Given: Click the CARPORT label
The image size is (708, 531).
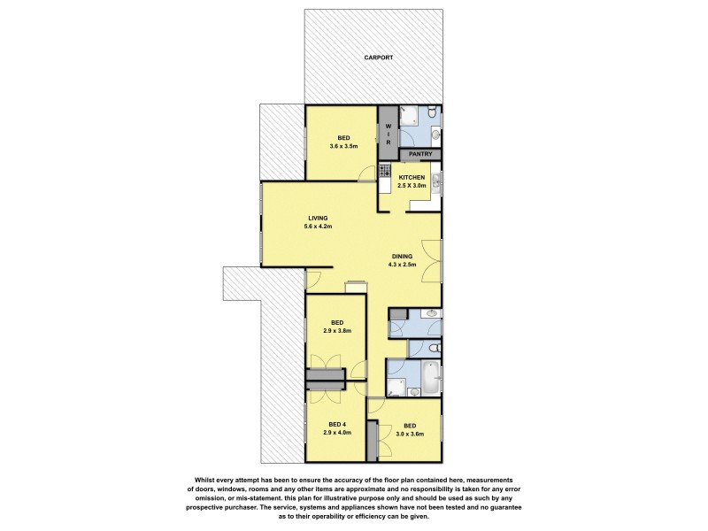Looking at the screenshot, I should (x=378, y=58).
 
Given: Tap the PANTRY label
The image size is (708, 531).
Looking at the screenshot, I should (x=420, y=154).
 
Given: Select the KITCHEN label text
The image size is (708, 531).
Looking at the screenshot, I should (x=412, y=177).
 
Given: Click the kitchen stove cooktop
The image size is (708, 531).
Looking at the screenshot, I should (x=385, y=170).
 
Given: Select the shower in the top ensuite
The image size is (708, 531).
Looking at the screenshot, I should (x=410, y=116).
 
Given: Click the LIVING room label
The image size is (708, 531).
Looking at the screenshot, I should (x=319, y=218).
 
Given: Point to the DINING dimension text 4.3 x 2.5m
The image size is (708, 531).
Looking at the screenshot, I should (x=402, y=264).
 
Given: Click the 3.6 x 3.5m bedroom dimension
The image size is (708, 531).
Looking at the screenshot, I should (x=342, y=146).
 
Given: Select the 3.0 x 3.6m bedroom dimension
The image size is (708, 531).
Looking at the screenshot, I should (x=409, y=434).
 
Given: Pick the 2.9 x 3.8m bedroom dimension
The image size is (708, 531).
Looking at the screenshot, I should (x=336, y=331).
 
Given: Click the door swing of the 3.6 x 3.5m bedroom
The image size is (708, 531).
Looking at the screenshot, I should (x=367, y=175).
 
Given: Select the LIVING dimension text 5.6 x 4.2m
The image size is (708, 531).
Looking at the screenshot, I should (x=319, y=227).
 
